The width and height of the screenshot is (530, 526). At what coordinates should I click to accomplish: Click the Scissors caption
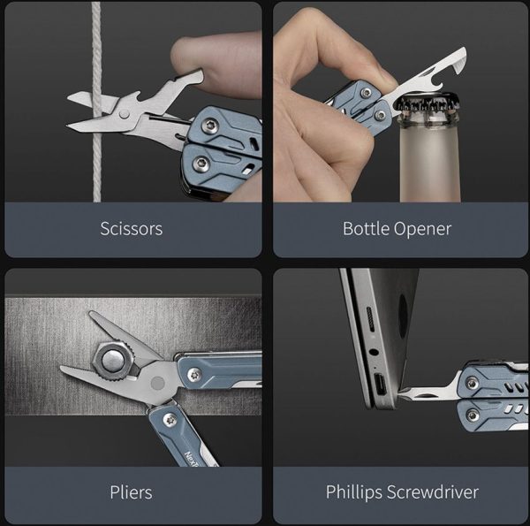pos(131,229)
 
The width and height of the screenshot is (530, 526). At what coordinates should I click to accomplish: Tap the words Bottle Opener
pos(397,229)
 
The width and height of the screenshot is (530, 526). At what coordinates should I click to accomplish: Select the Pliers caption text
pos(131,492)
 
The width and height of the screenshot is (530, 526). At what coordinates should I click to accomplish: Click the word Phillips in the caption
pos(354,492)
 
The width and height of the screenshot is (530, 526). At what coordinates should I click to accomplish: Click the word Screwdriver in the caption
pos(433,492)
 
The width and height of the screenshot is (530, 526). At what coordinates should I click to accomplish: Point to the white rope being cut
pos(96,102)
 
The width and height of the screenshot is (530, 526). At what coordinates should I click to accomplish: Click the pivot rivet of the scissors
pos(124,114)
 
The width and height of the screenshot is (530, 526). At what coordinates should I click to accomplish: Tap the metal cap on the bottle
pos(428,103)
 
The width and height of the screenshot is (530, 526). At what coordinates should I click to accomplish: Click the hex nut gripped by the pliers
pos(114,361)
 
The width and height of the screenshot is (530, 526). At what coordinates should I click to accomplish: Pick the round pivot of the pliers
pos(157,384)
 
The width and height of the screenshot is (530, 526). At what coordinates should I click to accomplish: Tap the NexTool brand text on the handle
pos(192,459)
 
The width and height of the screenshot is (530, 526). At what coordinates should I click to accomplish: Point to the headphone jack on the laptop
pos(374,352)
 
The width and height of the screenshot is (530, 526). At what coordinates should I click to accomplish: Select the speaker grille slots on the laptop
pos(371,320)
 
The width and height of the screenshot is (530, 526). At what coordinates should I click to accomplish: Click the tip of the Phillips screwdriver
pos(400,393)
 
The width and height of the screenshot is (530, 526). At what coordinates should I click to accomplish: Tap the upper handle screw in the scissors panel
pos(208,126)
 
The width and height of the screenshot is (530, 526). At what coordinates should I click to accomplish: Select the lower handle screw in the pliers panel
pos(170,420)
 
